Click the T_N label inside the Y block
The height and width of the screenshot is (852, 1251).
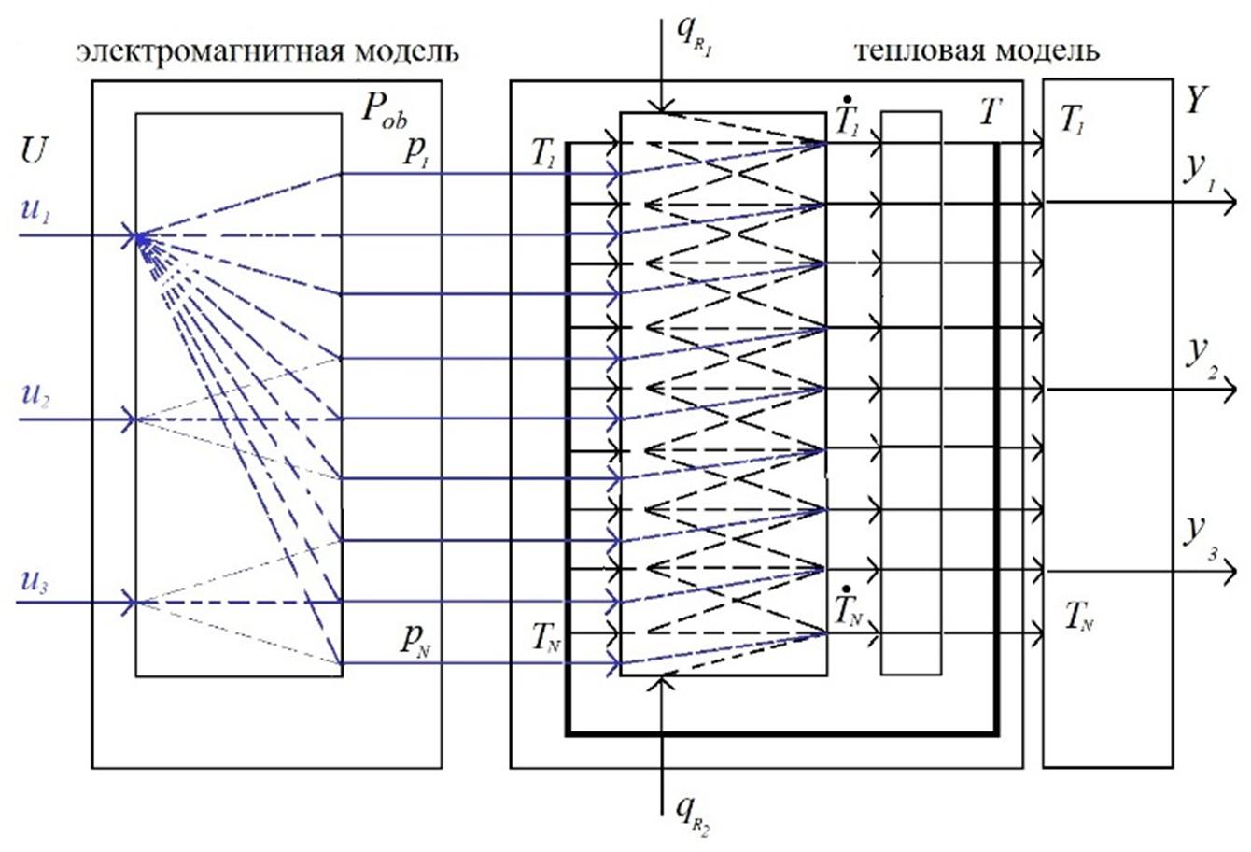[x=1079, y=616]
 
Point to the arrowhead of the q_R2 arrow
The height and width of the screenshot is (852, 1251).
[x=662, y=680]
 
